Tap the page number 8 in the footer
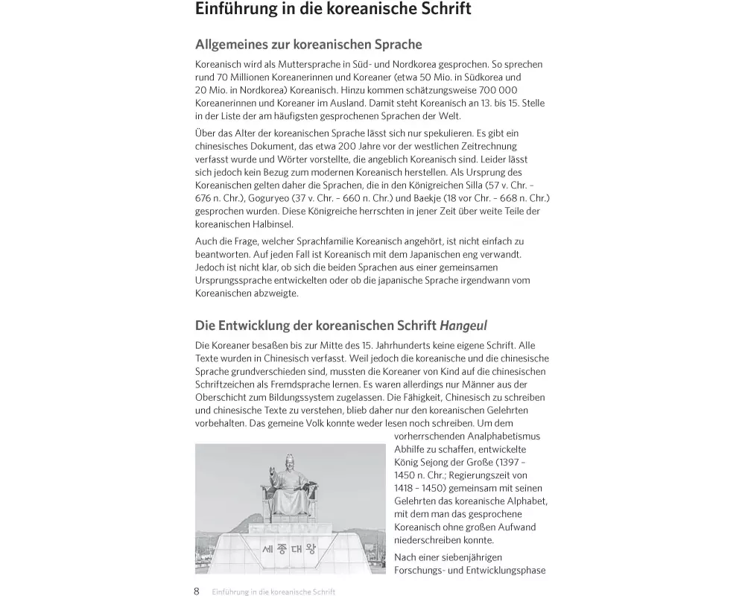[197, 591]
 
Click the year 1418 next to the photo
[403, 488]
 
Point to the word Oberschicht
[221, 397]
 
